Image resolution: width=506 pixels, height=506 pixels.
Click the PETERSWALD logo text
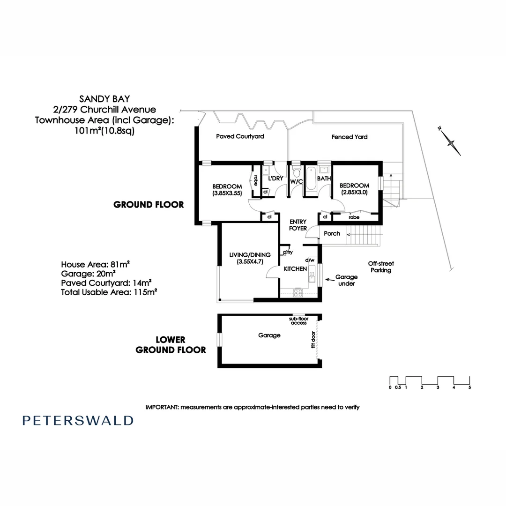click(x=78, y=420)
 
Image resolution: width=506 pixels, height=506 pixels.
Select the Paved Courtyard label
click(x=240, y=137)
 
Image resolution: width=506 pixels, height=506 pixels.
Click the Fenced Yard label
click(x=349, y=137)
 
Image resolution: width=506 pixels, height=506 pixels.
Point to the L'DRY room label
click(x=275, y=179)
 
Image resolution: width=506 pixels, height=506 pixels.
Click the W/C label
click(x=297, y=181)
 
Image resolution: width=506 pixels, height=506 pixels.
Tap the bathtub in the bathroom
click(x=311, y=180)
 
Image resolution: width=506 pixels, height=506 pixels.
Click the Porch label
click(x=332, y=233)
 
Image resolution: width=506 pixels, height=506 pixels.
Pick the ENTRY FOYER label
click(x=298, y=225)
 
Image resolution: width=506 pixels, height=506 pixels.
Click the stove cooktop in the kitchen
click(x=298, y=292)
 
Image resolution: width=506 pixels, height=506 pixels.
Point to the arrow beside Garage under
click(x=330, y=280)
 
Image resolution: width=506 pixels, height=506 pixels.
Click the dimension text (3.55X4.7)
click(x=250, y=262)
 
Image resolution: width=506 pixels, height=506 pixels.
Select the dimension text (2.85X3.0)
click(x=354, y=193)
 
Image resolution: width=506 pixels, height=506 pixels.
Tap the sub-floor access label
click(x=298, y=320)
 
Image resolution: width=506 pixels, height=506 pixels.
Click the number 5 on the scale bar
click(x=469, y=387)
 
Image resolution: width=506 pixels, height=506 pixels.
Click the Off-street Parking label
click(x=380, y=267)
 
